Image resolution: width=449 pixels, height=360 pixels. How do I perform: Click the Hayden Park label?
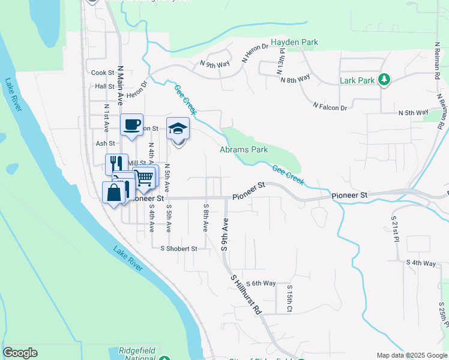294,42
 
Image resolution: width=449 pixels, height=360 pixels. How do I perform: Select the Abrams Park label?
243,149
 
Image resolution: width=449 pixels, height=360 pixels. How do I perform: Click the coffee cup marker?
132,125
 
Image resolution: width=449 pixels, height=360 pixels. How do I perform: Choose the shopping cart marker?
144,177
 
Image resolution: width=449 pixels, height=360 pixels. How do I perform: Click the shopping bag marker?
114,193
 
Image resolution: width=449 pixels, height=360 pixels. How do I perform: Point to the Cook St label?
103,73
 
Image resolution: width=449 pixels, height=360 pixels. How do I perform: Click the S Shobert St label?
175,248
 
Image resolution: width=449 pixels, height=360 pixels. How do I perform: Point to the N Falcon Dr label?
330,106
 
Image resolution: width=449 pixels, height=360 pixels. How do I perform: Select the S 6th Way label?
260,283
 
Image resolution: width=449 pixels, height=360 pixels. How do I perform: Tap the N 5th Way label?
414,112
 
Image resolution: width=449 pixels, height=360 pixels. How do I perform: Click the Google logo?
20,353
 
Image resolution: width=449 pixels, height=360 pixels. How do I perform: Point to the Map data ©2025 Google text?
412,355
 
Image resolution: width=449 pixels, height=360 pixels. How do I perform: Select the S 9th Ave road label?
226,234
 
